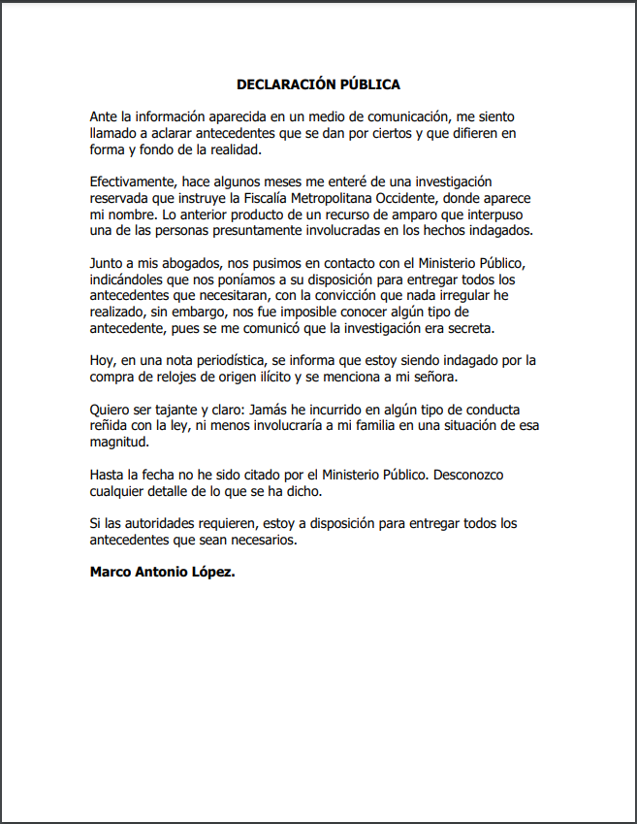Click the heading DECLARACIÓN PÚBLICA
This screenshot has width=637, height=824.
[318, 85]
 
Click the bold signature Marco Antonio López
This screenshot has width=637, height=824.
[162, 571]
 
